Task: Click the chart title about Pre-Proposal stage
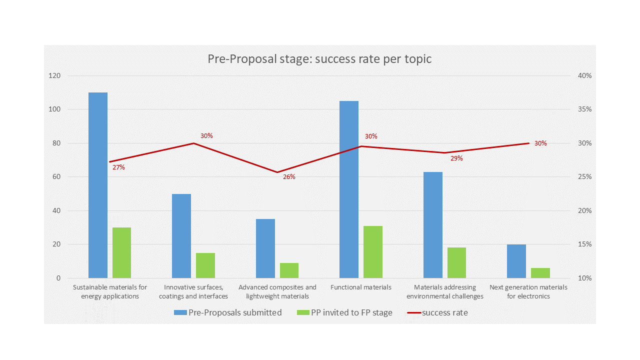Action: (x=319, y=59)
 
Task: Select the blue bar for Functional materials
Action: (x=349, y=189)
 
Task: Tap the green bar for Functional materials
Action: (x=373, y=252)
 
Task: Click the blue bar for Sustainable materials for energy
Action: (x=98, y=185)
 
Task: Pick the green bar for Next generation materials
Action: (x=540, y=273)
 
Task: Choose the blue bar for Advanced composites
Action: (x=265, y=248)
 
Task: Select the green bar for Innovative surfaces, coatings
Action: (x=205, y=265)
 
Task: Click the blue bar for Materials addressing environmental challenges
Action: (x=433, y=225)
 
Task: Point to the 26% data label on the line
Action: (x=289, y=176)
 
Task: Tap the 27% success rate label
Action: (x=118, y=167)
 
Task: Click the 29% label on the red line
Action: (x=456, y=158)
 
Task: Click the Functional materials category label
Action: (x=361, y=287)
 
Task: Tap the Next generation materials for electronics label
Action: (x=528, y=291)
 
